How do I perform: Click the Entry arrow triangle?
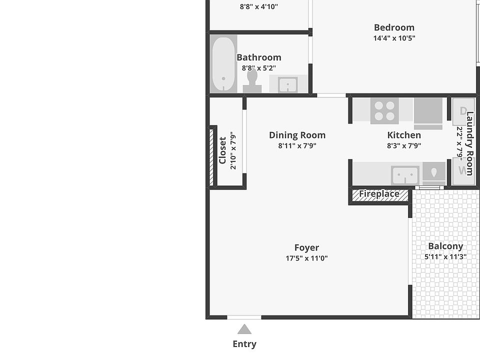tap(244, 329)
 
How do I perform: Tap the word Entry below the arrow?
tap(244, 344)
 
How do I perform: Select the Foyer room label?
tap(306, 247)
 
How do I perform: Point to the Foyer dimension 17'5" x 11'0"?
tap(306, 258)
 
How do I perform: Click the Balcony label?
tap(445, 246)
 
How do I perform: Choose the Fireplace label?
tap(379, 194)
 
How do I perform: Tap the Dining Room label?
tap(297, 135)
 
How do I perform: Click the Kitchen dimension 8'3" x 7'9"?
tap(404, 145)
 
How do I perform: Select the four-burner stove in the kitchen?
tap(384, 111)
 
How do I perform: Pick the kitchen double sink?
tap(405, 175)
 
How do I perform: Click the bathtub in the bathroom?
tap(224, 64)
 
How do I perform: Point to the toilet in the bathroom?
tap(252, 81)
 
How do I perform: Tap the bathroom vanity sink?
tap(288, 84)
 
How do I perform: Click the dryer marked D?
tap(463, 111)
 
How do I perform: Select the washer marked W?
tap(463, 171)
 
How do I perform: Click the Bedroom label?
tap(394, 27)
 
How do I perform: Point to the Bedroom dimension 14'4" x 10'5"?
tap(394, 38)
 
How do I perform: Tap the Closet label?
tap(222, 150)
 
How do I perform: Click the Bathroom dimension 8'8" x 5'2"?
tap(259, 68)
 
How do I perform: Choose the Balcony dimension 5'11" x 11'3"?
tap(445, 256)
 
